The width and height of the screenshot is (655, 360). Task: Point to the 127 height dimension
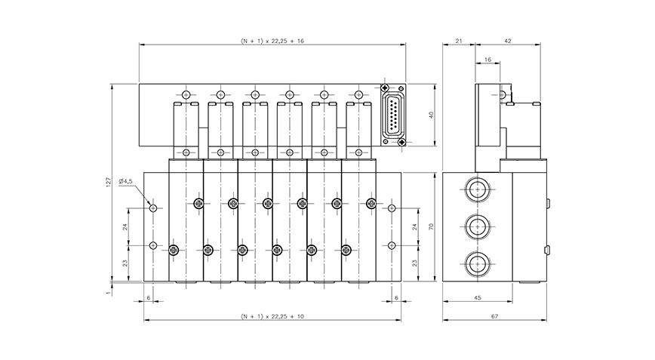click(108, 181)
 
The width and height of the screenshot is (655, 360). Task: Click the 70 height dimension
click(430, 226)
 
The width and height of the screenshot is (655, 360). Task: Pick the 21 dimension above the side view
click(459, 41)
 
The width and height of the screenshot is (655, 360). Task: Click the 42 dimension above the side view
click(507, 41)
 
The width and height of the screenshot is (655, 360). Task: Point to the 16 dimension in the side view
click(487, 58)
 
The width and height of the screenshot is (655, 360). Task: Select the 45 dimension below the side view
click(477, 298)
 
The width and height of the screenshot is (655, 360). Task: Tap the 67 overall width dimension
click(494, 315)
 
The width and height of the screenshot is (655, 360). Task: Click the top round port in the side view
click(476, 188)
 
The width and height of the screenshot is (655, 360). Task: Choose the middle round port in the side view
click(476, 225)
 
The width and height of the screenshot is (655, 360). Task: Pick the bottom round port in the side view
click(476, 263)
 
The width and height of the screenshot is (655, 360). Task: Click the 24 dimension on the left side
click(125, 226)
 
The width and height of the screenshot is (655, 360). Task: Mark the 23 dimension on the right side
click(414, 263)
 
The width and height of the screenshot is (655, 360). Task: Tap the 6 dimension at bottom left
click(149, 298)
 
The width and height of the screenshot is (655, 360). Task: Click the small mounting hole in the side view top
click(503, 95)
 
